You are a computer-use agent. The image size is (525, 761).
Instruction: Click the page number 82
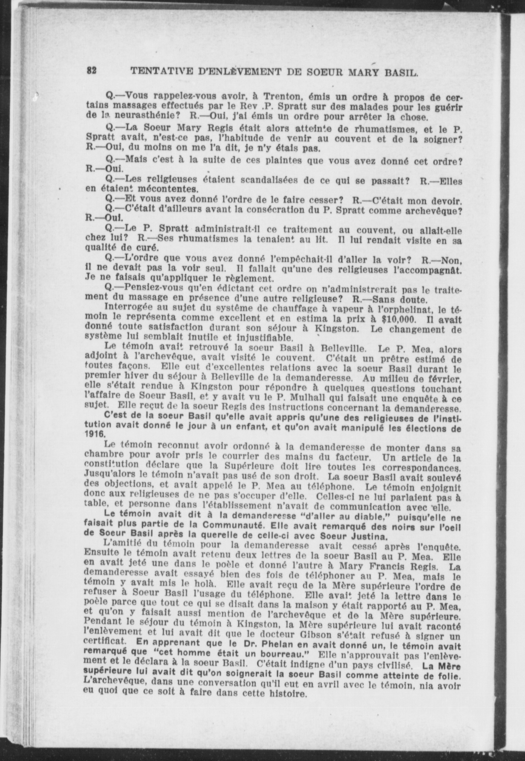click(92, 71)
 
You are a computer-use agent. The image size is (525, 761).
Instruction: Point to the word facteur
click(354, 458)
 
